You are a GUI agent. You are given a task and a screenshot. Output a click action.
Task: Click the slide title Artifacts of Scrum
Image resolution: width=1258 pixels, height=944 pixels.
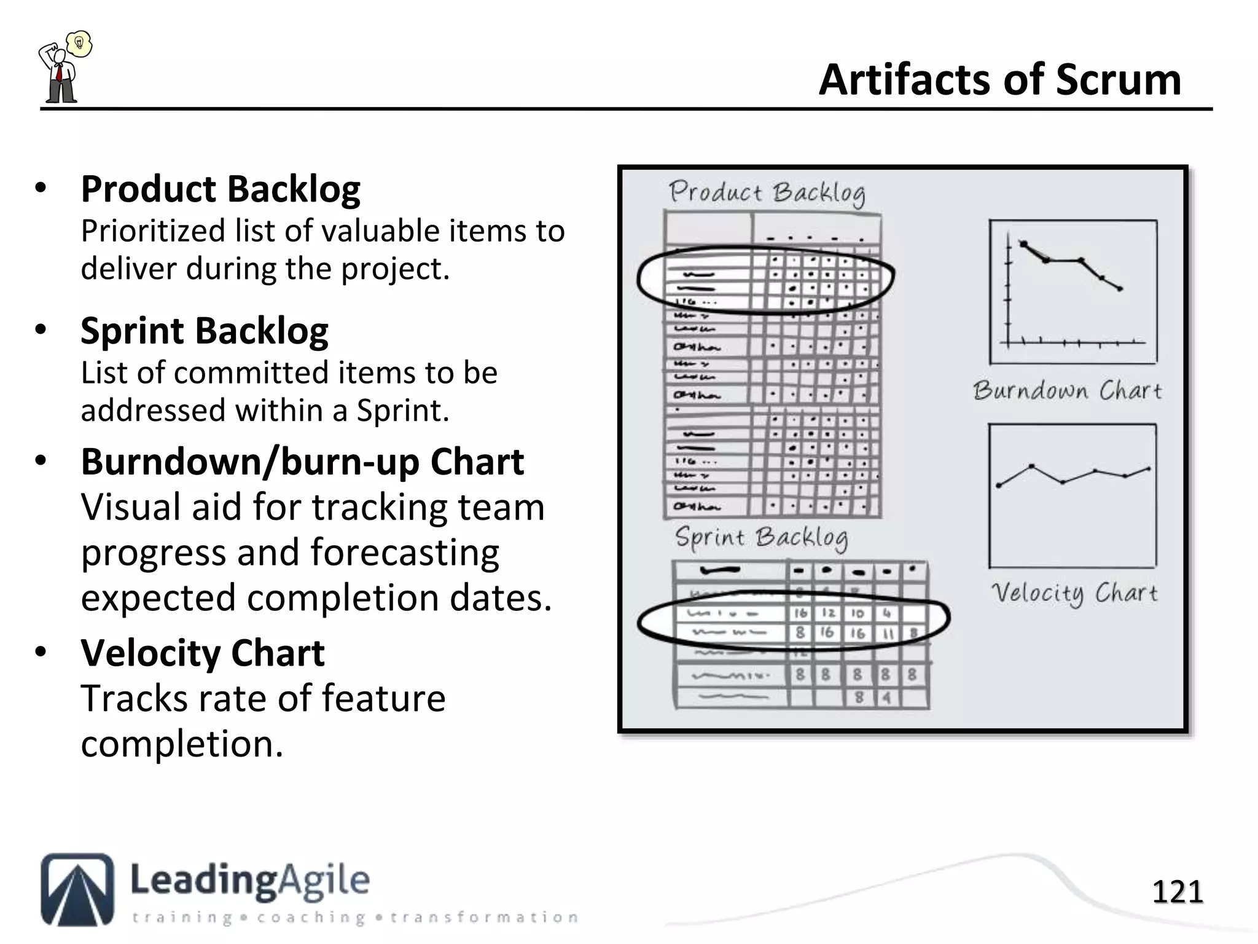[x=999, y=80]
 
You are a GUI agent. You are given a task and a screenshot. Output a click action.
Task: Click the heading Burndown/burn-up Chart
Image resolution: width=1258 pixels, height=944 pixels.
[x=302, y=462]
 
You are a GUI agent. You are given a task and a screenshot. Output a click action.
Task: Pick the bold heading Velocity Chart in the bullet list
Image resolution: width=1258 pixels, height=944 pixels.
[x=203, y=653]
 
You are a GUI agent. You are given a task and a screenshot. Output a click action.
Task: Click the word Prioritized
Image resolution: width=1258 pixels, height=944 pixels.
[x=153, y=232]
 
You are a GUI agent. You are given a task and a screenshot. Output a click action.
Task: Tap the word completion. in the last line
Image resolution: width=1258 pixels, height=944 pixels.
[x=182, y=744]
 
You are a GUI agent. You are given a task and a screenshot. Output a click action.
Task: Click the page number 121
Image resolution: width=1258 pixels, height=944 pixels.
[x=1177, y=892]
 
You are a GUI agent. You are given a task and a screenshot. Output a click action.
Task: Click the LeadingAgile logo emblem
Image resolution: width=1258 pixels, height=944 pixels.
[x=77, y=889]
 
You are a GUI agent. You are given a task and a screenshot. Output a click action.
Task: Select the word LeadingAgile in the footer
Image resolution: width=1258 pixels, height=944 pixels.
[x=250, y=880]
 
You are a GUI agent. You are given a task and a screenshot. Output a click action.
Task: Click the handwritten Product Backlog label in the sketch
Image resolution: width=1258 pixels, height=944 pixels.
[x=767, y=193]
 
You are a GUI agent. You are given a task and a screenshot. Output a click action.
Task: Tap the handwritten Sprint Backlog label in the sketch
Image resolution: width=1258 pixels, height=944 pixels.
[x=761, y=538]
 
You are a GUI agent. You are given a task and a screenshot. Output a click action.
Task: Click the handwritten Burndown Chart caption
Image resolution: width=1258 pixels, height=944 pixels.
[x=1067, y=391]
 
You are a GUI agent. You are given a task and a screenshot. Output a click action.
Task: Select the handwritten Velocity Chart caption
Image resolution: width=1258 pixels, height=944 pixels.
[x=1074, y=593]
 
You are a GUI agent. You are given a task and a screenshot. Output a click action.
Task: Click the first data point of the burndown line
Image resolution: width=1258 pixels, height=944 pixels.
[x=1023, y=244]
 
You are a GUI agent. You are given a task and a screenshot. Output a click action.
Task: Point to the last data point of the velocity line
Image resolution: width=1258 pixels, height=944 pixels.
[x=1149, y=470]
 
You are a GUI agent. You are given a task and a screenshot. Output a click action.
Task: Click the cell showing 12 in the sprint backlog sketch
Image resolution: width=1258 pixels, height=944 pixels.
[x=828, y=613]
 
